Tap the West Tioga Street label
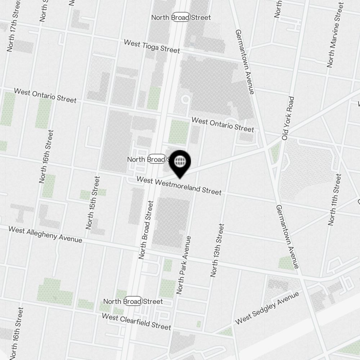click(152, 46)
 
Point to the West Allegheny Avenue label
click(45, 234)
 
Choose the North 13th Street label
click(217, 250)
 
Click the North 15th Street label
click(93, 203)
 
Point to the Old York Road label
click(288, 118)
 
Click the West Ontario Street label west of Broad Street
click(45, 95)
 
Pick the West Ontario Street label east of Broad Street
click(222, 125)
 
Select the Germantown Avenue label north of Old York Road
click(245, 62)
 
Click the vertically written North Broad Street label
click(146, 230)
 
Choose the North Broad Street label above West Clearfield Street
click(133, 301)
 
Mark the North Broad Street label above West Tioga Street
click(181, 17)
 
